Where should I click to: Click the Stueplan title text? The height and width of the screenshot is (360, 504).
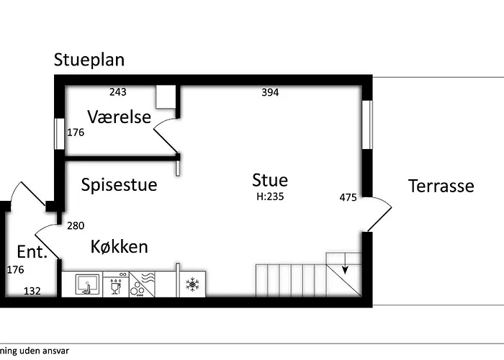(89, 60)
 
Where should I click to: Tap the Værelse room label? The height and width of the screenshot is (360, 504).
(119, 117)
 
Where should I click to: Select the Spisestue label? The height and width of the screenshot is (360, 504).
(119, 185)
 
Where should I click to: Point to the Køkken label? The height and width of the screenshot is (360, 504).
(120, 246)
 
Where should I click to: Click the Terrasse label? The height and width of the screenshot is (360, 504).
(441, 186)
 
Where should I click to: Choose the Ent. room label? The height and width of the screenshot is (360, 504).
(32, 252)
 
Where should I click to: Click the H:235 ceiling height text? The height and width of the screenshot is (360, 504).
(270, 197)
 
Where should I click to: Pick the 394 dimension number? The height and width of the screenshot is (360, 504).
(270, 92)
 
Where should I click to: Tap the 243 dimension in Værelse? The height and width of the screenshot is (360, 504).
(117, 92)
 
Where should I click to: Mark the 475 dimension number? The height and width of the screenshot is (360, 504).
(348, 197)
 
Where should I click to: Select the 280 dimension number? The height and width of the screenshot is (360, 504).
(76, 225)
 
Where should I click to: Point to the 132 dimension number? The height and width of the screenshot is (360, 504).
(32, 291)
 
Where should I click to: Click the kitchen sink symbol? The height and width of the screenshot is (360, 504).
(87, 284)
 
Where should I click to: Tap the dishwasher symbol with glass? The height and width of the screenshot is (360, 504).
(116, 284)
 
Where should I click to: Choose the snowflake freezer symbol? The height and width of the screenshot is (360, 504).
(192, 284)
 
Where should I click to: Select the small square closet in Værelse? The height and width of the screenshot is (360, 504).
(166, 96)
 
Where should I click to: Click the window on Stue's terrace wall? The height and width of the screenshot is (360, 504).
(367, 125)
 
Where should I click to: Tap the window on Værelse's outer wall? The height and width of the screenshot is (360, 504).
(59, 134)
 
